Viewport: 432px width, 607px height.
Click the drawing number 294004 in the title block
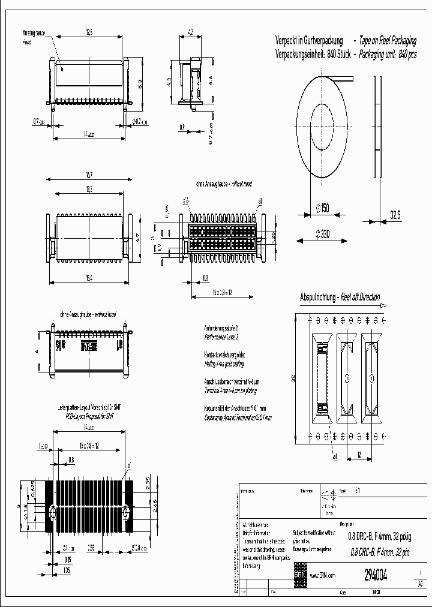pyautogui.click(x=376, y=576)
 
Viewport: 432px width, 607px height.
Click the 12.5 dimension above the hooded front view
pyautogui.click(x=89, y=32)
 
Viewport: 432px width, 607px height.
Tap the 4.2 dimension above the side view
pyautogui.click(x=191, y=32)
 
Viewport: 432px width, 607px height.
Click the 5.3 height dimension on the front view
pyautogui.click(x=140, y=84)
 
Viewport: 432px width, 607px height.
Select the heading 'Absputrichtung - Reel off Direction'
pyautogui.click(x=340, y=297)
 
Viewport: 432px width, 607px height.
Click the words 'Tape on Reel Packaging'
pyautogui.click(x=388, y=41)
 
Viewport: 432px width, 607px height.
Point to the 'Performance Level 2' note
pyautogui.click(x=221, y=338)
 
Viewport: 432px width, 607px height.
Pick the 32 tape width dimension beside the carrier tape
pyautogui.click(x=293, y=378)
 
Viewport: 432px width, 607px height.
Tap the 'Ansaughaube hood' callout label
pyautogui.click(x=33, y=39)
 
